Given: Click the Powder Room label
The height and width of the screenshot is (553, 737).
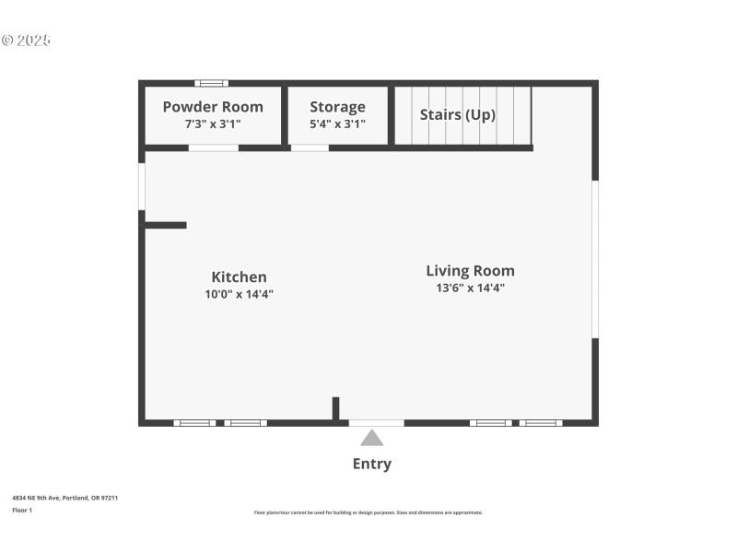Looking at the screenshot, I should pyautogui.click(x=213, y=107).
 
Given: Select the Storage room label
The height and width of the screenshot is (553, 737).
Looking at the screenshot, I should pyautogui.click(x=337, y=107).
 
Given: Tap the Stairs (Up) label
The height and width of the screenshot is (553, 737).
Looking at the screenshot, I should pyautogui.click(x=457, y=115).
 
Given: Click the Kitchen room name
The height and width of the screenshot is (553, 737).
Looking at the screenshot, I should pyautogui.click(x=239, y=276).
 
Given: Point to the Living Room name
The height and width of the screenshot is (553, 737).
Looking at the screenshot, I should pyautogui.click(x=470, y=271).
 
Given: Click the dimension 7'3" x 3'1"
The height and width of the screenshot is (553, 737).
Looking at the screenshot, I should pyautogui.click(x=213, y=124).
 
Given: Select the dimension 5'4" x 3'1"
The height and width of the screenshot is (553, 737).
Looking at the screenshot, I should pyautogui.click(x=337, y=124).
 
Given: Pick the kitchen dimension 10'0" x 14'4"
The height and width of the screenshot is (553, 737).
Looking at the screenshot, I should pyautogui.click(x=239, y=294).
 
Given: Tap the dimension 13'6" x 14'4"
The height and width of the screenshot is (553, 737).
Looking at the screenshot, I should pyautogui.click(x=470, y=288).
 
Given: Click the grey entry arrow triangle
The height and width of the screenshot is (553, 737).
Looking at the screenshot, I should pyautogui.click(x=371, y=438).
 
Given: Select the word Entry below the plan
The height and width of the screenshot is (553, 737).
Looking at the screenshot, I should pyautogui.click(x=371, y=464).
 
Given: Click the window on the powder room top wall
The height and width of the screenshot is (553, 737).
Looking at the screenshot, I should pyautogui.click(x=211, y=84).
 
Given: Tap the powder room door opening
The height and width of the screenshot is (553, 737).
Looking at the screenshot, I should pyautogui.click(x=213, y=147).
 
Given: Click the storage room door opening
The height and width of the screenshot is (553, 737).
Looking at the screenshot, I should pyautogui.click(x=310, y=147).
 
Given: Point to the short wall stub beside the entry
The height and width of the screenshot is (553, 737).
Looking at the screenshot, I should pyautogui.click(x=336, y=408).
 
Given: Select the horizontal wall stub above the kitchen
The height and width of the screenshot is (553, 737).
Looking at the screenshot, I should pyautogui.click(x=166, y=225).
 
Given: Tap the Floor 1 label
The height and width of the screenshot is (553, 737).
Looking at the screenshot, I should pyautogui.click(x=22, y=510).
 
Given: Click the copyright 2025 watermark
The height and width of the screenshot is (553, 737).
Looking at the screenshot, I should pyautogui.click(x=26, y=41).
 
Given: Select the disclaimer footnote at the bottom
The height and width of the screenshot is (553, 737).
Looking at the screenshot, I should pyautogui.click(x=368, y=512).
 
